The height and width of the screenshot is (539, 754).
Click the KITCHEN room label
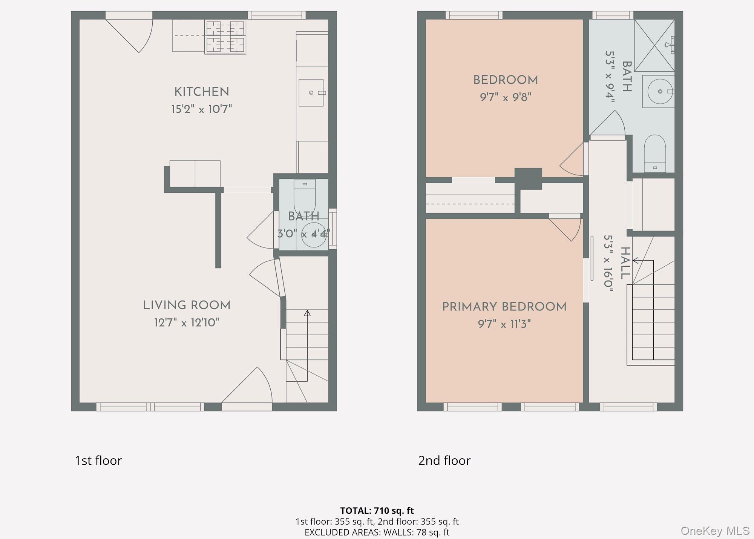[201, 92]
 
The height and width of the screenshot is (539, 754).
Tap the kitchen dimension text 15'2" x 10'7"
[201, 109]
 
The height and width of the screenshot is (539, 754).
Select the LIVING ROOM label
[187, 306]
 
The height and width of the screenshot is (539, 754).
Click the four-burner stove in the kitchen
[225, 37]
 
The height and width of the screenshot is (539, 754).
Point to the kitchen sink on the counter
[311, 93]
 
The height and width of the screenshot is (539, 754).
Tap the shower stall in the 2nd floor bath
[654, 46]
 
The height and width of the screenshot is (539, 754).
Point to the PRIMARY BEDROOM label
[504, 307]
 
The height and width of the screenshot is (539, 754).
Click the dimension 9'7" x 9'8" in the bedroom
[505, 97]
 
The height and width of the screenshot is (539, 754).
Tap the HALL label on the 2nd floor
[625, 263]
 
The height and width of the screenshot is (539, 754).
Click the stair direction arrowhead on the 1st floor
[307, 313]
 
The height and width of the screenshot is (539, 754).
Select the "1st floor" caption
[98, 461]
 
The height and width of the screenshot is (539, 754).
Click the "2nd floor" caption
[444, 461]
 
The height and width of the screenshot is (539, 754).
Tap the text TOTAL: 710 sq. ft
[377, 511]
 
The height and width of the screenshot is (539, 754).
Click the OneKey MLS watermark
[715, 531]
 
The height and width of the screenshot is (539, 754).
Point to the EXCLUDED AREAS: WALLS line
[377, 532]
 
